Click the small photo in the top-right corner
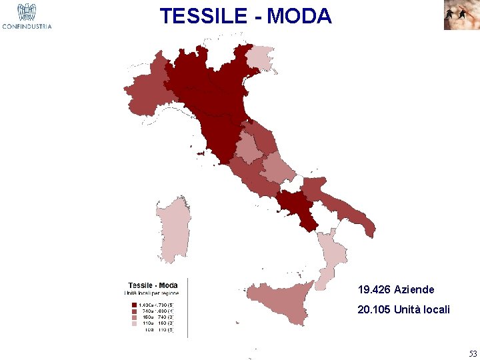click(461, 15)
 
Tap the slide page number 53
click(473, 353)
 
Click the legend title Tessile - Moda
click(153, 285)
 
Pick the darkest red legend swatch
click(135, 305)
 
